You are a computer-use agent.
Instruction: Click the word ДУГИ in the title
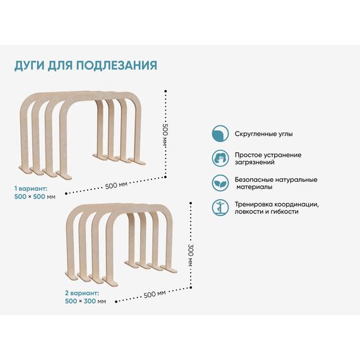pos(29,66)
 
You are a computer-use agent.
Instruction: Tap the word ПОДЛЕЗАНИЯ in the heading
pos(117,65)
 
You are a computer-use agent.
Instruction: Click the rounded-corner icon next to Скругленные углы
pos(220,134)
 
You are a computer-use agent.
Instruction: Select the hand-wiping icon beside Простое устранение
pos(220,158)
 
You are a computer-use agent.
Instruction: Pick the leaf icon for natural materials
pos(220,183)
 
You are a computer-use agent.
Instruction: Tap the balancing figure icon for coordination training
pos(220,208)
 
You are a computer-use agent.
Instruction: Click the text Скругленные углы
pos(263,134)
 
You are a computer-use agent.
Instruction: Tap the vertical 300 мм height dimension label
pos(191,255)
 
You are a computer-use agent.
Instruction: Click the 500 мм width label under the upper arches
pos(116,185)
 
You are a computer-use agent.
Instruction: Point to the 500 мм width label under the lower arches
pos(155,294)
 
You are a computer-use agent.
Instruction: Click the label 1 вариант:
pos(31,189)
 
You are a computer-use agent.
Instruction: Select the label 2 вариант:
pos(82,293)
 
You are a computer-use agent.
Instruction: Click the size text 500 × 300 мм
pos(85,301)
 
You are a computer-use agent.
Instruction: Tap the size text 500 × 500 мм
pos(35,197)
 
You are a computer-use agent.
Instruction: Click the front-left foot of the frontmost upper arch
pos(64,175)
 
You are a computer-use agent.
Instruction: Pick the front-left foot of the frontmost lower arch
pos(110,282)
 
